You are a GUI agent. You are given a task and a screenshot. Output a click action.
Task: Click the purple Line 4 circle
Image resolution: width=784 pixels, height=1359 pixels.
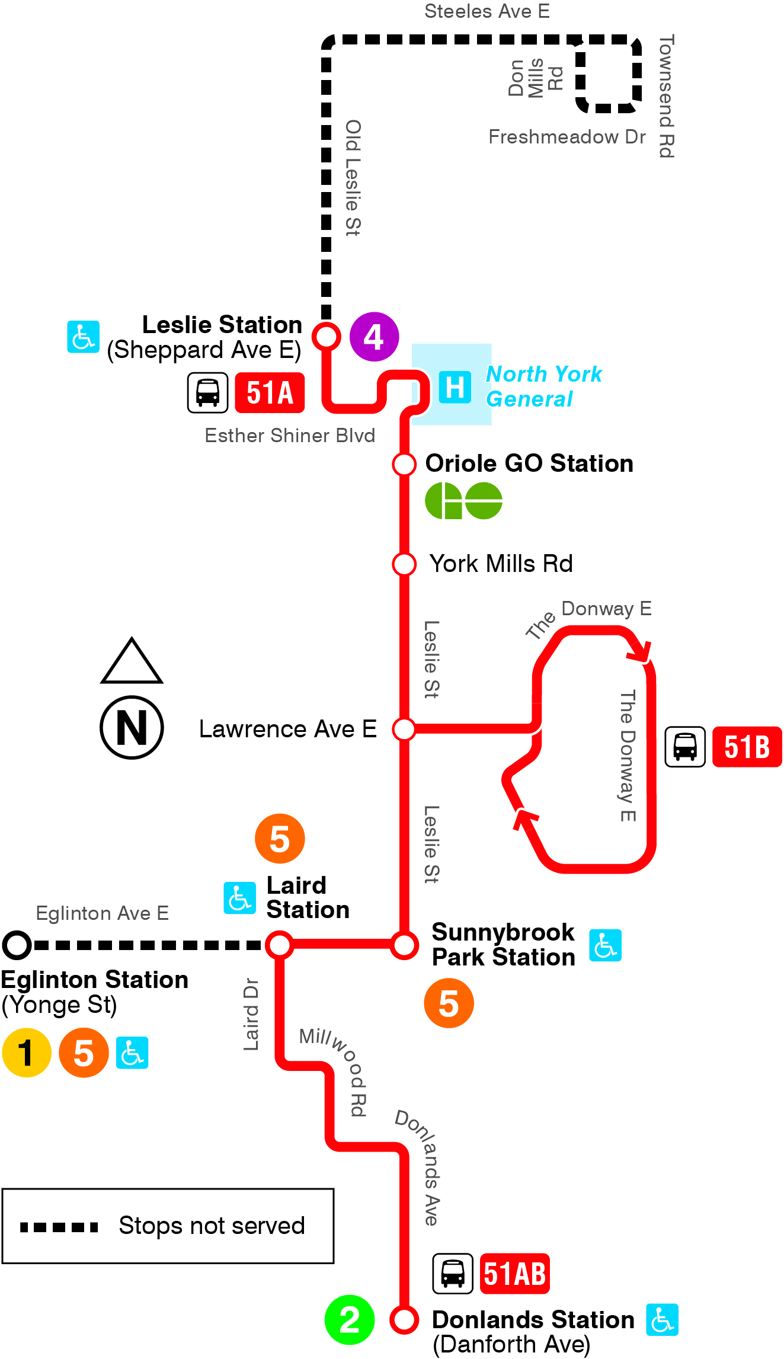pyautogui.click(x=374, y=337)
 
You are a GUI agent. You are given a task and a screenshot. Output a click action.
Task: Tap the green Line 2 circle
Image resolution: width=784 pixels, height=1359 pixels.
pyautogui.click(x=350, y=1320)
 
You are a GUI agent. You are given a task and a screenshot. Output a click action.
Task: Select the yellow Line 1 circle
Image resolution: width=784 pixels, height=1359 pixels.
pyautogui.click(x=27, y=1053)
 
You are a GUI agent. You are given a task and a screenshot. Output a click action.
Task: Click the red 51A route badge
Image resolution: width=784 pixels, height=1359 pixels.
pyautogui.click(x=270, y=392)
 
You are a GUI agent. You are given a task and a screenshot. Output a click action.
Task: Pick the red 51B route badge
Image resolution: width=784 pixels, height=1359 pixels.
pyautogui.click(x=747, y=747)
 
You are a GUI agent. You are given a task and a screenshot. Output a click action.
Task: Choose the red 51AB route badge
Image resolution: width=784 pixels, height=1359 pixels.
pyautogui.click(x=514, y=1274)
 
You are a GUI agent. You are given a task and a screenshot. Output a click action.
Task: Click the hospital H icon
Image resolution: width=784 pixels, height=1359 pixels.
pyautogui.click(x=455, y=387)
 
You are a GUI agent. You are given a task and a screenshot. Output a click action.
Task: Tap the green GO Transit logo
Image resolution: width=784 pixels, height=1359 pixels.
pyautogui.click(x=463, y=501)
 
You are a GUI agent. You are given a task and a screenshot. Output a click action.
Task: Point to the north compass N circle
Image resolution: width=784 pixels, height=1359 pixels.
pyautogui.click(x=132, y=727)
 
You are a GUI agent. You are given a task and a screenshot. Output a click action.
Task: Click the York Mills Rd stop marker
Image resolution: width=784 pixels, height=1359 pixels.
pyautogui.click(x=404, y=564)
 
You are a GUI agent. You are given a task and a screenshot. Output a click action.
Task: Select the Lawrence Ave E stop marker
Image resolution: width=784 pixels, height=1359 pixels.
pyautogui.click(x=404, y=728)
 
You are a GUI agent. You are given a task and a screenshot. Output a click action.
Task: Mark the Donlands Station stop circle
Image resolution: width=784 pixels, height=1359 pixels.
pyautogui.click(x=404, y=1320)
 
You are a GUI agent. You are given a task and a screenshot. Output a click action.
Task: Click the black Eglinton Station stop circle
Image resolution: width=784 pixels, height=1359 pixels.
pyautogui.click(x=17, y=945)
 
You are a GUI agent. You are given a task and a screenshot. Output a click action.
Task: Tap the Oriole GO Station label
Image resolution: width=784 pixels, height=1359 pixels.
pyautogui.click(x=529, y=463)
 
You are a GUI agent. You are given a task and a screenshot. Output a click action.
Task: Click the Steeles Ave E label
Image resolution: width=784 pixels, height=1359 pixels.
pyautogui.click(x=487, y=11)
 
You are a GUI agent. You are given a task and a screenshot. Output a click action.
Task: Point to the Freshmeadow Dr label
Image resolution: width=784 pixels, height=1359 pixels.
pyautogui.click(x=567, y=137)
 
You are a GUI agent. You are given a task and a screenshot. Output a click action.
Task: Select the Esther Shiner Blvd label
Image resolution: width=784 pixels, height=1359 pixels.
pyautogui.click(x=290, y=436)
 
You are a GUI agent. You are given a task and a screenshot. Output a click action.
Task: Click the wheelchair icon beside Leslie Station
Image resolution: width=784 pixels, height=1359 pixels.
pyautogui.click(x=83, y=337)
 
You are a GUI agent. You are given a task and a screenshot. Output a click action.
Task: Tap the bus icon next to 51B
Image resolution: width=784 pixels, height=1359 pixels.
pyautogui.click(x=685, y=747)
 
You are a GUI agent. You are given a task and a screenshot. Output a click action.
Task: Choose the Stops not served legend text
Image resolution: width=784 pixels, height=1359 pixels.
pyautogui.click(x=212, y=1226)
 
